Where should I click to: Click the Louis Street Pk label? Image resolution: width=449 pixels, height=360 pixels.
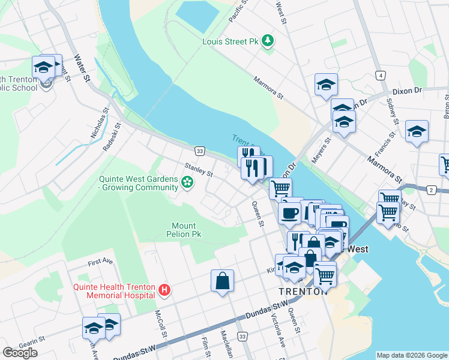232,41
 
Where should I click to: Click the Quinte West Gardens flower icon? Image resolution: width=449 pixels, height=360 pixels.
188,182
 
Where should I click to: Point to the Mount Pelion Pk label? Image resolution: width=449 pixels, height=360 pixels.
184,230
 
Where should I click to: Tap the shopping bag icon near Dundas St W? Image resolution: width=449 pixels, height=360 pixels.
222,281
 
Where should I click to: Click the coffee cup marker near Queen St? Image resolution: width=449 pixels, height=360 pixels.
289,212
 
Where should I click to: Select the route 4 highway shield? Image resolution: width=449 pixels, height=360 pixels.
380,75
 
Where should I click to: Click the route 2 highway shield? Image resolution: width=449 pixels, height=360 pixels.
430,190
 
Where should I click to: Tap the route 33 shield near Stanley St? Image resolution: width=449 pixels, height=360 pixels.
199,151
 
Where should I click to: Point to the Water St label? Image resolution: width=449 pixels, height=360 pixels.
82,68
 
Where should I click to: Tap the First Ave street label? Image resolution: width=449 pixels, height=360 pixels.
100,262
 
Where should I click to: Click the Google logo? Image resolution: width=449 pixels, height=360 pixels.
20,353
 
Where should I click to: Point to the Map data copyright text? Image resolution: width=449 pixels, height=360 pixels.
412,355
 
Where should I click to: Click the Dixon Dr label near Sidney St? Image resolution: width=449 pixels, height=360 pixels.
408,92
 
